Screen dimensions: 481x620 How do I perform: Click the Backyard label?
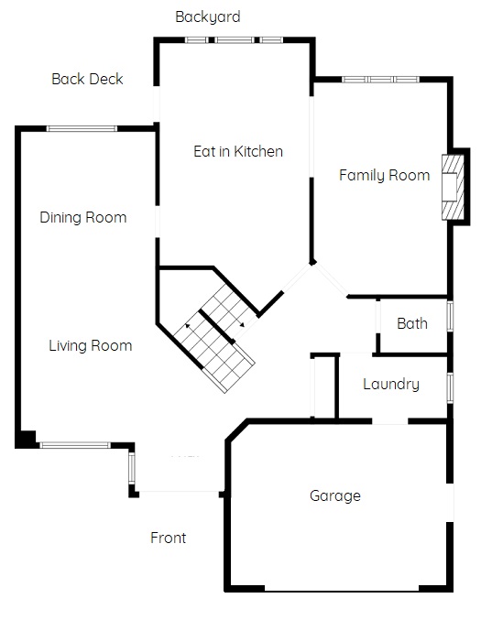208,17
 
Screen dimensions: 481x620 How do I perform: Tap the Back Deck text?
87,79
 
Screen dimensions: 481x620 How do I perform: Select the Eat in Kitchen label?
238,151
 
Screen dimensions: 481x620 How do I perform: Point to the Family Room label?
385,175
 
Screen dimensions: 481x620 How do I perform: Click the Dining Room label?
83,217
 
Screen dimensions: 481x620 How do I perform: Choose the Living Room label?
90,345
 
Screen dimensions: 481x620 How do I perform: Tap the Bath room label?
412,323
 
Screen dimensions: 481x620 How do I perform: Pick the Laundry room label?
391,385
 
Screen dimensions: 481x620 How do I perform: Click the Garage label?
335,495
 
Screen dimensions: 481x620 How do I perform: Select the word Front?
168,538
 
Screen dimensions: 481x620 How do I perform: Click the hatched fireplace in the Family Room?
453,188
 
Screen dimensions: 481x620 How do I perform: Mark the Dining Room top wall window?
82,128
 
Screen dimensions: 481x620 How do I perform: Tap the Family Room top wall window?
380,80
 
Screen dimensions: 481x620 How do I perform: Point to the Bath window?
450,316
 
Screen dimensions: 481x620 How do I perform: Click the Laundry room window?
450,388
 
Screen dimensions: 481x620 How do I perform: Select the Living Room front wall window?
75,445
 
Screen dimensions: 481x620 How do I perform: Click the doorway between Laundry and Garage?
390,421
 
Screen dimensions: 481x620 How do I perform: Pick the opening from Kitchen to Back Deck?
157,104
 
